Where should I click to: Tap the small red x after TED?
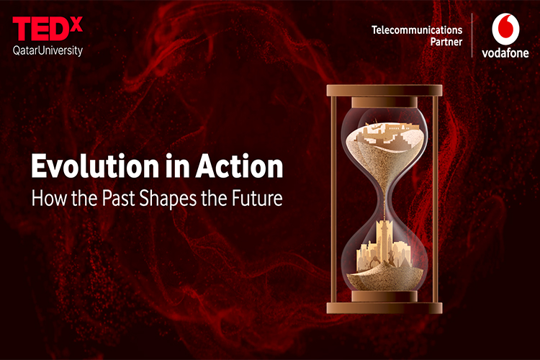coord(76,24)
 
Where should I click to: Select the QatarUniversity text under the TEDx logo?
coord(48,50)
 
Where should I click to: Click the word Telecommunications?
coord(417,30)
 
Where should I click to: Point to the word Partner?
coord(446,42)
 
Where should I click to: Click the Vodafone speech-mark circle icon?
coord(505,30)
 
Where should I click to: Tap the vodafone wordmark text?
coord(505,53)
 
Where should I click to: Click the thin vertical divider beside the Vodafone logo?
coord(472,35)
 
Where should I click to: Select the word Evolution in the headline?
coord(95,166)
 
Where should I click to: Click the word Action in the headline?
coord(239,166)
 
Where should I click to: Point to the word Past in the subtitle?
coord(118,198)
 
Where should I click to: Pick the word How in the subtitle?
coord(48,198)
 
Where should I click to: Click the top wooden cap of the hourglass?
coord(384,91)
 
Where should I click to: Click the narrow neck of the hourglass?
coord(385,198)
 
